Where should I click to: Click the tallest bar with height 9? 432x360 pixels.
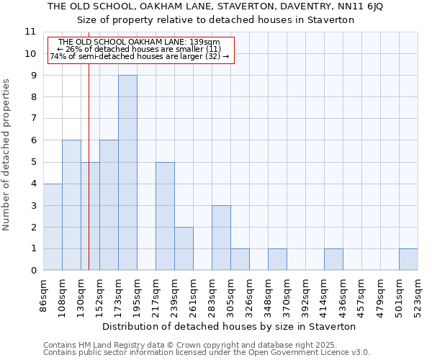pyautogui.click(x=127, y=173)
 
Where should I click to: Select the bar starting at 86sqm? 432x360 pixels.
pyautogui.click(x=53, y=227)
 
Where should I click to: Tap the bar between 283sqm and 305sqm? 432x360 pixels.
pyautogui.click(x=221, y=238)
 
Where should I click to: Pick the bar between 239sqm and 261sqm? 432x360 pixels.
pyautogui.click(x=184, y=248)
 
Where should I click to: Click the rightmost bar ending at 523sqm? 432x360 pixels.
pyautogui.click(x=408, y=259)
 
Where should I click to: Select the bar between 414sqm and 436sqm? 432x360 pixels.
pyautogui.click(x=333, y=259)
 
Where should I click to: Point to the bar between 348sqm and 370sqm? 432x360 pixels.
pyautogui.click(x=277, y=259)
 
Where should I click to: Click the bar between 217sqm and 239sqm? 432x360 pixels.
pyautogui.click(x=165, y=216)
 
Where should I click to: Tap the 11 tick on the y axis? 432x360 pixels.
pyautogui.click(x=30, y=32)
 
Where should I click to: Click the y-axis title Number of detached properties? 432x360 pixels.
pyautogui.click(x=7, y=155)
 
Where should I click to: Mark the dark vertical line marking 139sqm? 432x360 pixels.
pyautogui.click(x=89, y=180)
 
